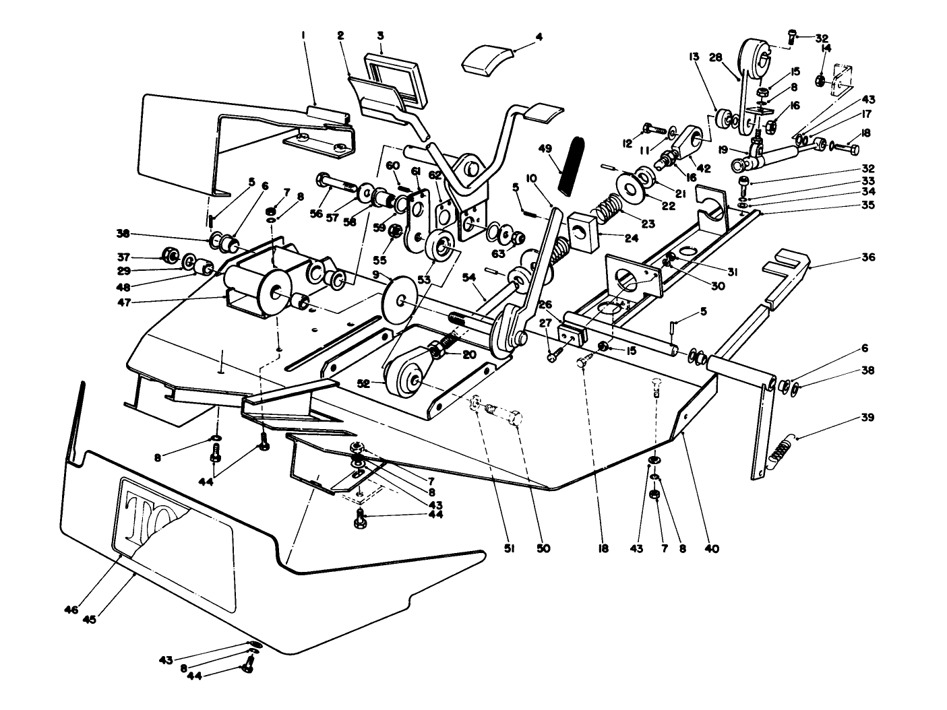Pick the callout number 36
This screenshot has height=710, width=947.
tap(867, 257)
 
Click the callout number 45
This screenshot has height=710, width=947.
tap(89, 619)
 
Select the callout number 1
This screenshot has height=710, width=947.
tap(303, 32)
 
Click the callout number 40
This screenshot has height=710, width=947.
tap(712, 549)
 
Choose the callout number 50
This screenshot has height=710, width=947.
tap(543, 549)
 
